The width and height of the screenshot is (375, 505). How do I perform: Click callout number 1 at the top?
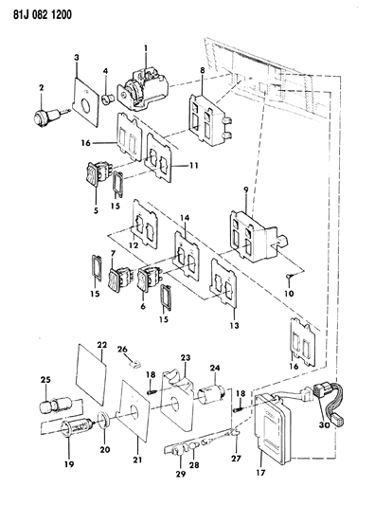coord(146,48)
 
